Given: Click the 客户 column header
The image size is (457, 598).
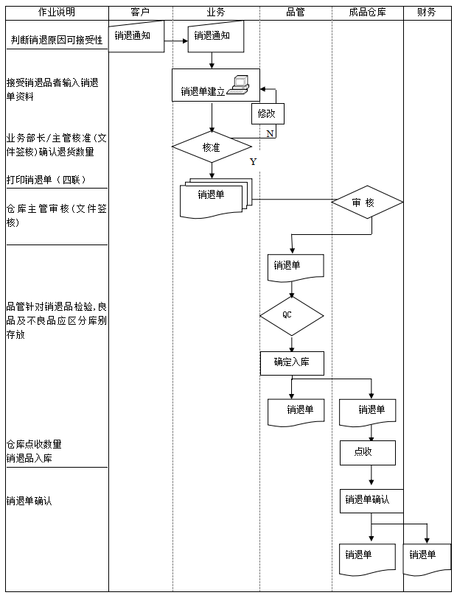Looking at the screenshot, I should [x=140, y=13].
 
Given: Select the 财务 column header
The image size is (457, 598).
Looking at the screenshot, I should [x=426, y=13].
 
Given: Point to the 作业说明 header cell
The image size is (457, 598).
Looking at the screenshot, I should [x=56, y=13].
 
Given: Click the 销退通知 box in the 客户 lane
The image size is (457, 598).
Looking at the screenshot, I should [x=137, y=37].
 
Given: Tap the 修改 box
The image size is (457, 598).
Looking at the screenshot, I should [x=267, y=113].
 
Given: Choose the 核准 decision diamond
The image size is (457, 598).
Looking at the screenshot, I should [x=212, y=147].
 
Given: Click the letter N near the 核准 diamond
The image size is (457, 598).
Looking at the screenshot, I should [x=270, y=133].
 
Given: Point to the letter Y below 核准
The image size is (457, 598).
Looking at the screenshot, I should [x=253, y=162].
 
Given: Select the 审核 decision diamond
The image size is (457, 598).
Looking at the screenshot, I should [x=367, y=202].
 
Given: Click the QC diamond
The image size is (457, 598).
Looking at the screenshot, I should [x=291, y=316].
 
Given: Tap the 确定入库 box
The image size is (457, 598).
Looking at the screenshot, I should [x=292, y=362].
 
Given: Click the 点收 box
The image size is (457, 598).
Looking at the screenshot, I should [x=367, y=452].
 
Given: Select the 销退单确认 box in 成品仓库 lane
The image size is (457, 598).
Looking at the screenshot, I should [x=371, y=500].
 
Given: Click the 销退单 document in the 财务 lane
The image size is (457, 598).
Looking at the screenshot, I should [x=427, y=557].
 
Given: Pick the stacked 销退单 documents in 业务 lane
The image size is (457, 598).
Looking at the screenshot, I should [x=214, y=198].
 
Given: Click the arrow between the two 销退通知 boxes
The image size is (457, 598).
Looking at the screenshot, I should [x=175, y=41].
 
